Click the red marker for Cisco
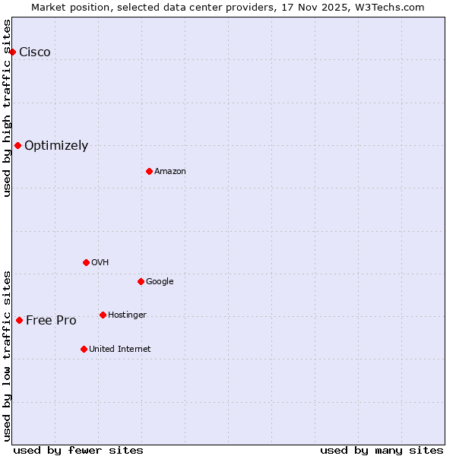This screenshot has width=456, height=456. tap(13, 52)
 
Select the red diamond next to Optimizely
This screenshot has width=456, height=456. tap(17, 145)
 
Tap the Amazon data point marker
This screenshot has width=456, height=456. tap(149, 171)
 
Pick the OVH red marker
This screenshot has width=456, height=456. tap(86, 262)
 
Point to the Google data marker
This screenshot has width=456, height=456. tap(141, 281)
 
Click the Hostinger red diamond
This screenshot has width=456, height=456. tap(103, 315)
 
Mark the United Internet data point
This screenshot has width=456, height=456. tap(84, 349)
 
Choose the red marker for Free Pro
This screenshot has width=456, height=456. tap(19, 320)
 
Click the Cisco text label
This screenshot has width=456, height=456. tap(35, 52)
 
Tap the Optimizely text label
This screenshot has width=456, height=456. tap(56, 145)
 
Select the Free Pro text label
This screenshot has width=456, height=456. tap(51, 320)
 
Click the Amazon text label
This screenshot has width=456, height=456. tap(170, 171)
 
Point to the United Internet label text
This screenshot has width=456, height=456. tap(120, 349)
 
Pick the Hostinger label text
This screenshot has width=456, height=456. tap(127, 315)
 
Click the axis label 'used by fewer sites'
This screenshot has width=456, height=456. tap(78, 450)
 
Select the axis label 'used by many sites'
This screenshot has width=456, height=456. tap(382, 450)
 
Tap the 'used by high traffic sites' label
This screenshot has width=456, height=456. tap(7, 108)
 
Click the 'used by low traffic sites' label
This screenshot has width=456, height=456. tap(7, 356)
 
